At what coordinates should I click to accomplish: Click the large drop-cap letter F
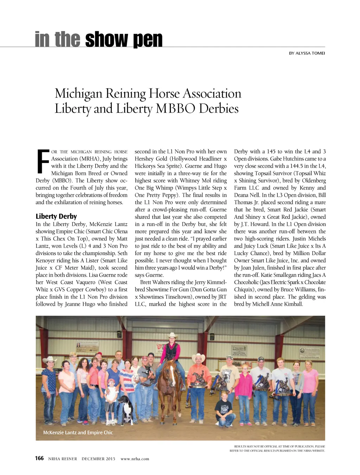tap(43, 162)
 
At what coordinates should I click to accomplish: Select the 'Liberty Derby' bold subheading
tap(56, 216)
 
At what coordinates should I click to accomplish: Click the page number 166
tap(39, 458)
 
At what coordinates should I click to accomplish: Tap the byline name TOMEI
tap(318, 53)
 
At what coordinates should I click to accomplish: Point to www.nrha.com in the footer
tap(135, 459)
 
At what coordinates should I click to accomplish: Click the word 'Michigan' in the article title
tap(78, 94)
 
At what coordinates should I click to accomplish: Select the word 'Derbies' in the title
tap(219, 108)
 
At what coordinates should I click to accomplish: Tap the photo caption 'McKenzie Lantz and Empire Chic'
tap(78, 432)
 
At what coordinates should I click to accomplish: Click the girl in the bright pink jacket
tap(243, 387)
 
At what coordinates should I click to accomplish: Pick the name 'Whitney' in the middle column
tap(190, 180)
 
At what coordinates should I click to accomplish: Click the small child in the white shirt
tap(111, 398)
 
